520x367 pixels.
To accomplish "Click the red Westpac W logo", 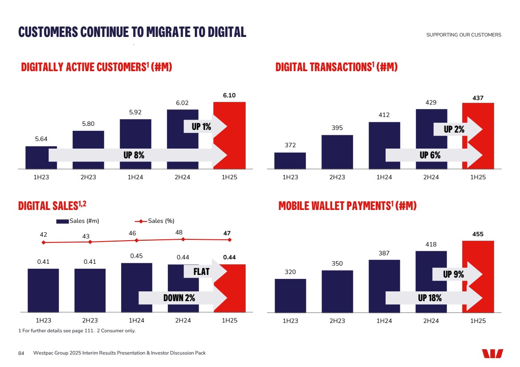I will (x=492, y=353).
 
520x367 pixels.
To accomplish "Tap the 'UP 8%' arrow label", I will (x=134, y=155).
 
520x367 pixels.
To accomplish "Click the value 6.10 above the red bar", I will (x=229, y=96).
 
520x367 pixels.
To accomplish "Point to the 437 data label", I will (x=478, y=97).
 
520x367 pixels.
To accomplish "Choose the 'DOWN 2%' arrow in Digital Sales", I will (x=179, y=298).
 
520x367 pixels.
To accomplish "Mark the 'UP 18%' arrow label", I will (x=430, y=298).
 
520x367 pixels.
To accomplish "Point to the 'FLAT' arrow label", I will (x=202, y=271).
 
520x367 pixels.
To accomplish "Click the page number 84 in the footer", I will (x=21, y=353).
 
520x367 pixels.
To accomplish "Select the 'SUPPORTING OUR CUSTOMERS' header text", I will (x=463, y=35).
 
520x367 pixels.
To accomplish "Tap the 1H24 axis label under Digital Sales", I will (x=136, y=321).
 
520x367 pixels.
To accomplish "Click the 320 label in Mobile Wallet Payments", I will (x=290, y=272).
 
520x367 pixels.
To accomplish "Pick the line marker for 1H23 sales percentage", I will (x=44, y=242).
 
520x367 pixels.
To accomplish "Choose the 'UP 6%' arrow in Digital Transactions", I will (x=430, y=155).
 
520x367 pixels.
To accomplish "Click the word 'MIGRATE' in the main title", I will (x=166, y=32).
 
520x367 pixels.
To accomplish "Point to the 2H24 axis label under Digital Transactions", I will (x=431, y=177).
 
